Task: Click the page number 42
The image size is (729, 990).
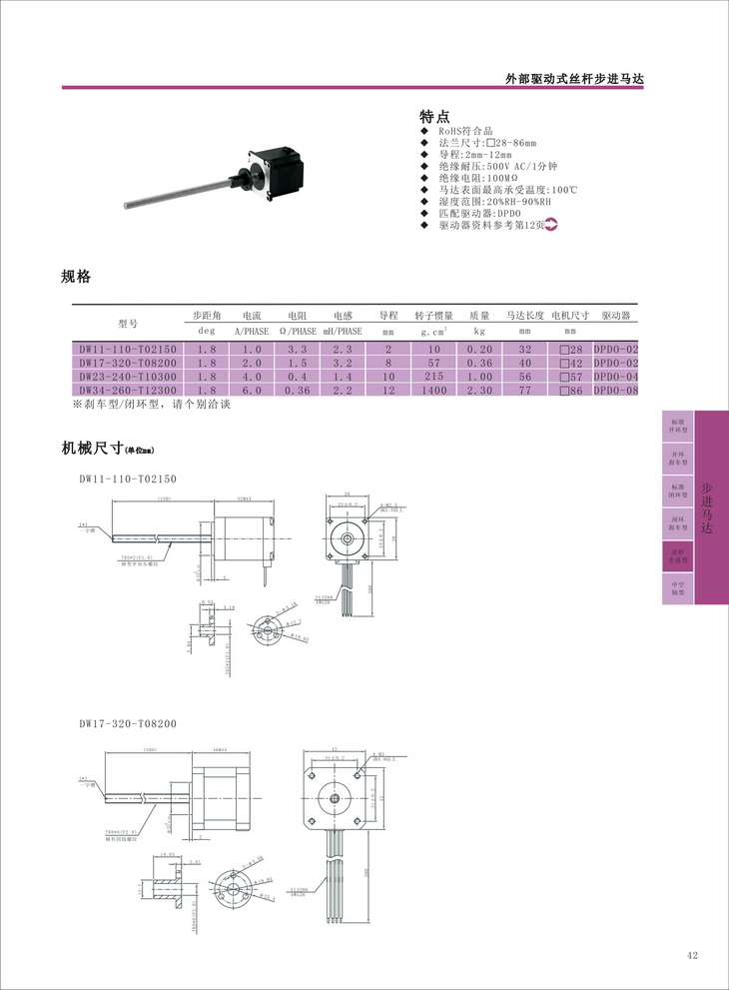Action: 692,956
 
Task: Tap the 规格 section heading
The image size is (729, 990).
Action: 76,276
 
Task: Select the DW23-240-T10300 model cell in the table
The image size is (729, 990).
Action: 128,377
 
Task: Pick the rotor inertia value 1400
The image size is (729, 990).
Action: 433,391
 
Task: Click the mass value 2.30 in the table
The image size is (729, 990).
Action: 479,391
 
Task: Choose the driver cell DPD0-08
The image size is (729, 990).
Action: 615,391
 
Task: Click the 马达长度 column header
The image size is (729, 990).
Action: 524,315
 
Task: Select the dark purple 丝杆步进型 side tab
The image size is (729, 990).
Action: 677,555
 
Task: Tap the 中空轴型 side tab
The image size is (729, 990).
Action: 677,587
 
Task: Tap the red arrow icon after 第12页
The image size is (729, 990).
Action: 549,226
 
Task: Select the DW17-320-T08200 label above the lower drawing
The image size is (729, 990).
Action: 128,723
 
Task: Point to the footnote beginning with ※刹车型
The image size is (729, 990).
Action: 151,406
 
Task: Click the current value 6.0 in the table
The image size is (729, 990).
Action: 251,391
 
